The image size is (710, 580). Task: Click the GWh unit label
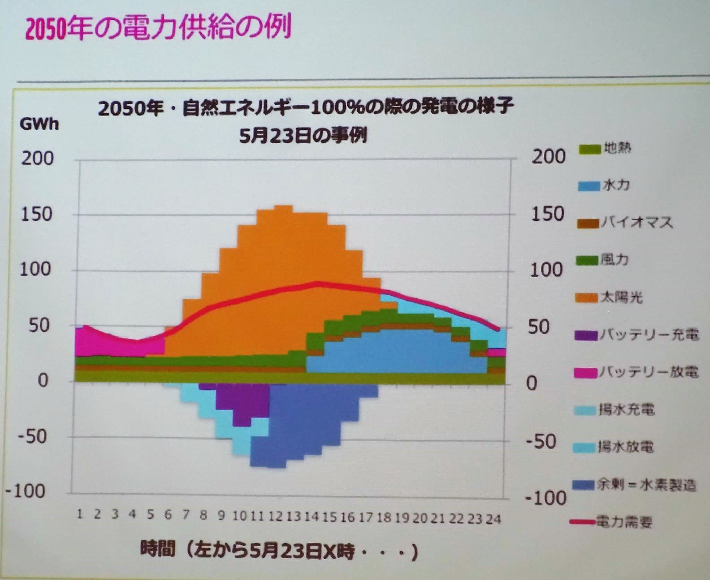(x=39, y=124)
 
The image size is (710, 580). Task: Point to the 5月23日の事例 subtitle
(x=303, y=136)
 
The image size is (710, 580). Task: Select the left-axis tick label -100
(x=26, y=491)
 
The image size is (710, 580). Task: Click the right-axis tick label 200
(x=548, y=157)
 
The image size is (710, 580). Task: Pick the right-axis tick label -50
(x=541, y=442)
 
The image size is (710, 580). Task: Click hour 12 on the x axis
(x=275, y=517)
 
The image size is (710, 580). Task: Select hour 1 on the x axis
(x=80, y=514)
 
